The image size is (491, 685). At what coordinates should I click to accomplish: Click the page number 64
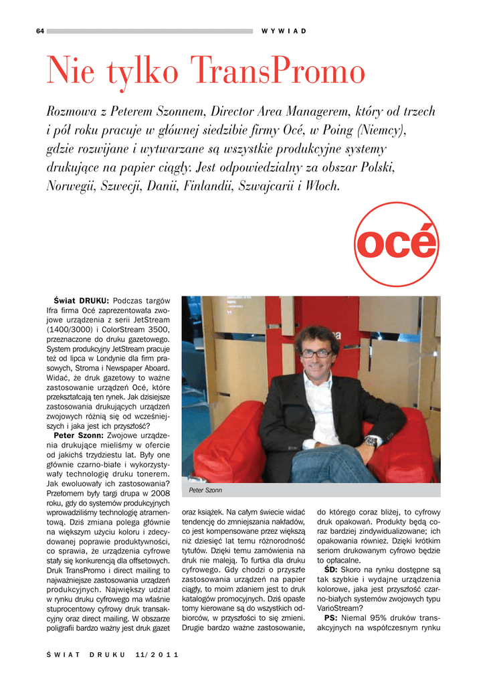[x=40, y=31]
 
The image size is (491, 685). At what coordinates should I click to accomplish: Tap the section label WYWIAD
[x=284, y=31]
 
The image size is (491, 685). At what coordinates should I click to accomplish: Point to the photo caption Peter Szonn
[x=205, y=490]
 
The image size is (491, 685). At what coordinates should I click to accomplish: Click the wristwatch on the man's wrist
[x=370, y=442]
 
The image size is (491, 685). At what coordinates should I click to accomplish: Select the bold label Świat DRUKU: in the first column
[x=81, y=300]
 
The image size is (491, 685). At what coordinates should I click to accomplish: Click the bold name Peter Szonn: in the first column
[x=78, y=435]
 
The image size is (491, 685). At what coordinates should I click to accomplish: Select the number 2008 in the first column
[x=161, y=493]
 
